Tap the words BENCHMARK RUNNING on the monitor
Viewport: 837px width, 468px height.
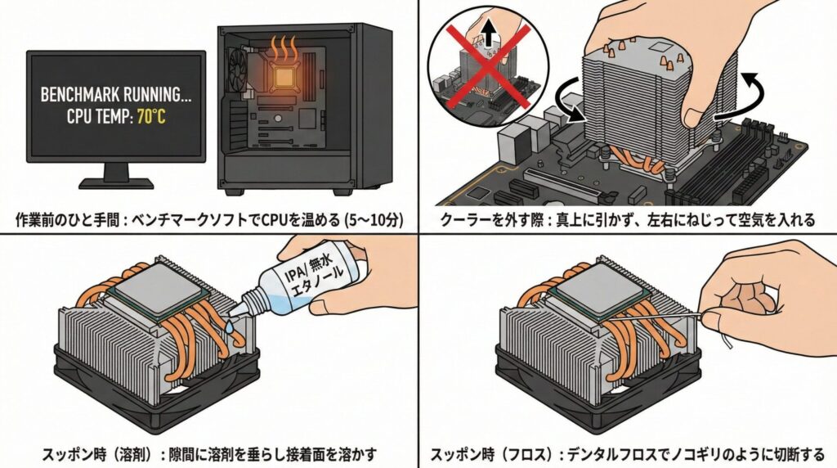pyautogui.click(x=116, y=96)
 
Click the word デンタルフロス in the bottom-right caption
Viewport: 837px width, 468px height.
pyautogui.click(x=622, y=453)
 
